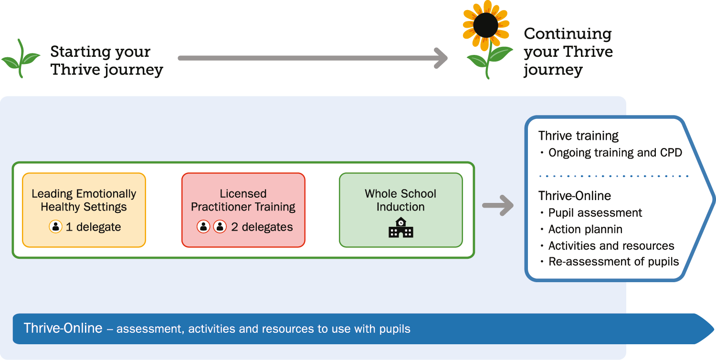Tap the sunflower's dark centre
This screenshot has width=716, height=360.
486,24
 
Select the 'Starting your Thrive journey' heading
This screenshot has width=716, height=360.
106,61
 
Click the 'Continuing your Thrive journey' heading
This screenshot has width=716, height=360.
568,52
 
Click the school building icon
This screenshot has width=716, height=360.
401,228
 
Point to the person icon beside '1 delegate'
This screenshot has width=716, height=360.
56,227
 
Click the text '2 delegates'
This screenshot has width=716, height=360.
262,227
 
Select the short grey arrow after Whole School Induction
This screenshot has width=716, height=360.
498,206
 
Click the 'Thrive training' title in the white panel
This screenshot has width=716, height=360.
579,136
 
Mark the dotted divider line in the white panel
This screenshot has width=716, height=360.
613,176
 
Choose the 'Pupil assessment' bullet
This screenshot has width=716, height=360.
595,212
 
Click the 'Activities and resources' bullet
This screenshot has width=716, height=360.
611,246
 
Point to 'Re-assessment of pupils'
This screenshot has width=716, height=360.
613,262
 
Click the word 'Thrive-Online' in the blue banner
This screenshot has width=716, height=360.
63,328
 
